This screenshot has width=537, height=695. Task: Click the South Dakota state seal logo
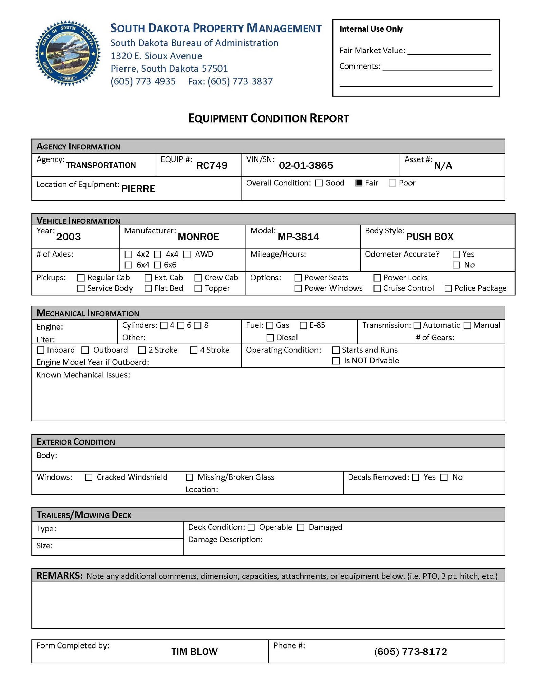[68, 53]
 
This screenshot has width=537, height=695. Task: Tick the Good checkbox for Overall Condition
[319, 183]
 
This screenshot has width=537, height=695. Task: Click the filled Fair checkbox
[359, 183]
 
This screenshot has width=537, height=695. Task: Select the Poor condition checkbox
[392, 183]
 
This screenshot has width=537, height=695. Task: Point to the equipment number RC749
[212, 165]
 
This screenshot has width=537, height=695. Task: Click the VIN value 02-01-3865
[306, 165]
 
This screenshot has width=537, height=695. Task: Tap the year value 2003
[68, 237]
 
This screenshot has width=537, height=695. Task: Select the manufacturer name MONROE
[198, 237]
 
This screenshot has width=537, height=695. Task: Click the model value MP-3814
[298, 237]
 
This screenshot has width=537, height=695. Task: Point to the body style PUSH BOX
[429, 237]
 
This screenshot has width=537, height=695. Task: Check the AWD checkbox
[187, 254]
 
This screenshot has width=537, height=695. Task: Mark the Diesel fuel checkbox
[270, 338]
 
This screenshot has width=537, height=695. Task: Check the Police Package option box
[448, 288]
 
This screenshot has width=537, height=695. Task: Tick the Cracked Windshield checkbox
[89, 477]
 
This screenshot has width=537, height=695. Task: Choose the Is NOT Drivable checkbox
[336, 361]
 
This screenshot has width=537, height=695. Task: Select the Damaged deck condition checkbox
[301, 527]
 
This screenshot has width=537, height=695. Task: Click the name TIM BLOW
[194, 651]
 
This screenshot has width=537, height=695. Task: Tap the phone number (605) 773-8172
[410, 651]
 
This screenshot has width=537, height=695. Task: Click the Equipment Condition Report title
[268, 118]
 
